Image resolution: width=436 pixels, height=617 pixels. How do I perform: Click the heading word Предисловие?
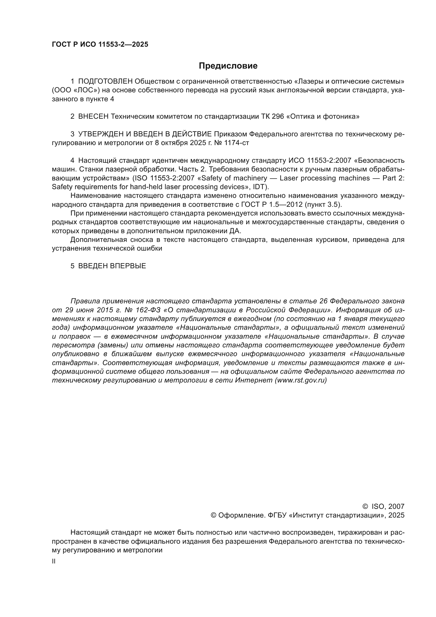point(228,66)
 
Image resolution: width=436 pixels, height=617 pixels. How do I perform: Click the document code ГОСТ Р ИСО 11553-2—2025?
point(100,45)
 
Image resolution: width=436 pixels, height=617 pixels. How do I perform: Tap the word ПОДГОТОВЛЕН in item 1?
point(105,81)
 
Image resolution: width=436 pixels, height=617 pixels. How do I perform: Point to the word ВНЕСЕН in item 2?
point(93,116)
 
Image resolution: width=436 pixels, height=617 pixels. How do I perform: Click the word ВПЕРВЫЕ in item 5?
point(128,266)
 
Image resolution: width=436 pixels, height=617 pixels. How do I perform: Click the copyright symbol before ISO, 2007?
point(365,506)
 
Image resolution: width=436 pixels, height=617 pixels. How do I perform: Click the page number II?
point(54,561)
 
